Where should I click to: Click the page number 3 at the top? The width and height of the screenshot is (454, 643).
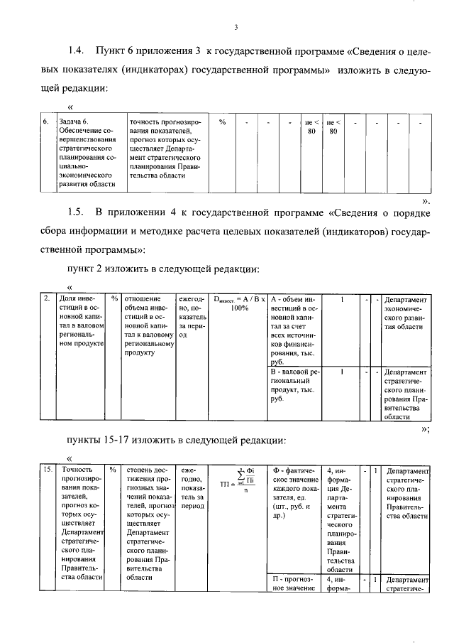pyautogui.click(x=235, y=27)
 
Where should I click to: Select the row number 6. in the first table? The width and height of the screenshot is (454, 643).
pyautogui.click(x=45, y=121)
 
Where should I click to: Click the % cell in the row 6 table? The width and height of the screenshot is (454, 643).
pyautogui.click(x=222, y=121)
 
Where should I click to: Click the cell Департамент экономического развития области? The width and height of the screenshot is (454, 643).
pyautogui.click(x=406, y=317)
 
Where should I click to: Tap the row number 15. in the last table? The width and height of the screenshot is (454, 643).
pyautogui.click(x=47, y=470)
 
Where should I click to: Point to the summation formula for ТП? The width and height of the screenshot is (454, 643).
pyautogui.click(x=241, y=484)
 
